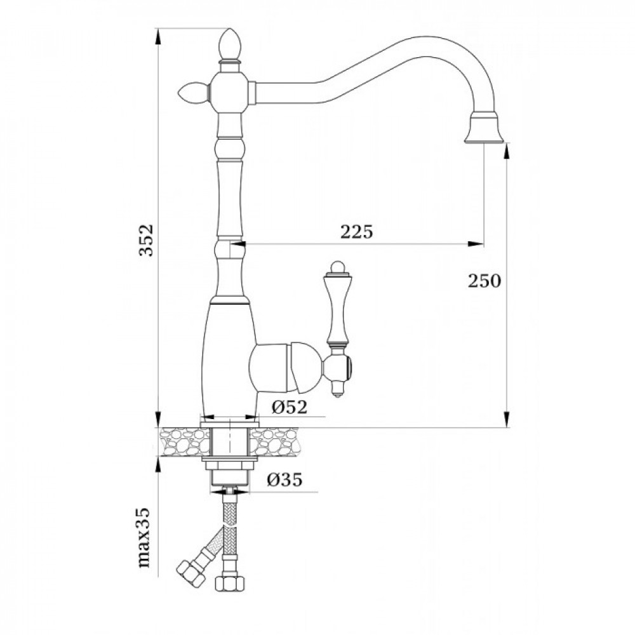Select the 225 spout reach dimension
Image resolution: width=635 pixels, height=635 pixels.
point(356,232)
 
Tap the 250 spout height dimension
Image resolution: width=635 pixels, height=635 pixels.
point(485,281)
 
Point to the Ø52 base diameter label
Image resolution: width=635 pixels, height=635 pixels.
point(289,407)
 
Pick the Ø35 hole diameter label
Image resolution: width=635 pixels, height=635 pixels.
point(284,480)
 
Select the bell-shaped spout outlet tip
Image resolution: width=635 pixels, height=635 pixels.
point(483,128)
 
